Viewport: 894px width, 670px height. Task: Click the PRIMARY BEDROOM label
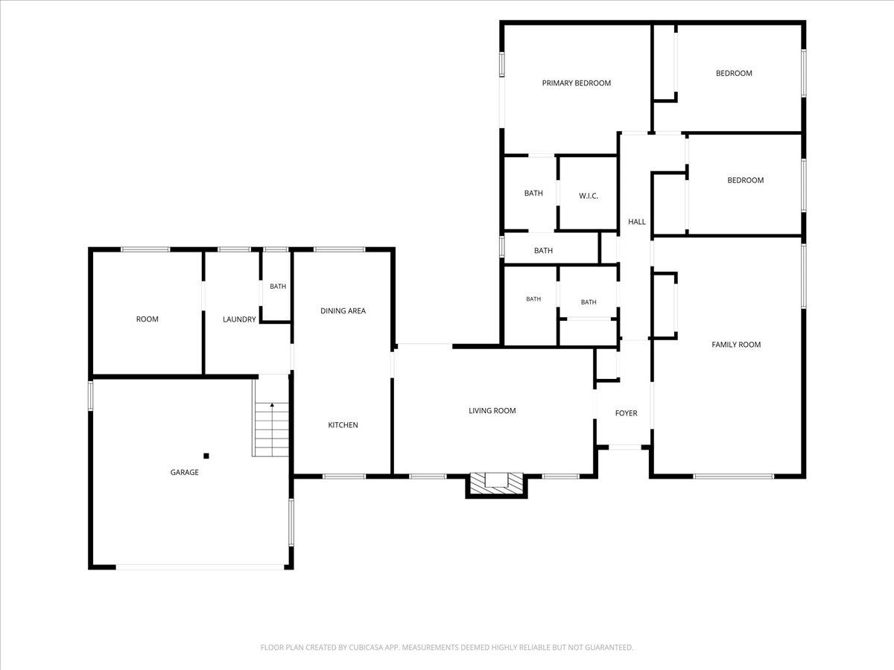(577, 83)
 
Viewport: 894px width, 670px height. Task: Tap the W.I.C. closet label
(589, 196)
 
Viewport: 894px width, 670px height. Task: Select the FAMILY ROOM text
(736, 345)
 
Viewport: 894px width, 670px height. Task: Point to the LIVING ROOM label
(492, 411)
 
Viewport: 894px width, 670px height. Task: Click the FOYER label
(626, 413)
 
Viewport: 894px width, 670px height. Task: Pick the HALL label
(636, 222)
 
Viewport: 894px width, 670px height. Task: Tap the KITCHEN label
(343, 425)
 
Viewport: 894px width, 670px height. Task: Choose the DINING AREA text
(343, 310)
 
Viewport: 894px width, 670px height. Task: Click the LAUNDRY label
(239, 319)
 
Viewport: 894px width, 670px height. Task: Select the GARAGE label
(185, 472)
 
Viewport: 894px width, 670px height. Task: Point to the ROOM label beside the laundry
(147, 319)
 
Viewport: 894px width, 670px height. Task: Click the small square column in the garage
(206, 456)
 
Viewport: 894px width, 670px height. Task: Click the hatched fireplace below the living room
(496, 483)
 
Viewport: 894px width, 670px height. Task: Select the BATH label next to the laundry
(278, 287)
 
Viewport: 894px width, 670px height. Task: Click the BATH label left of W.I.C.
(533, 194)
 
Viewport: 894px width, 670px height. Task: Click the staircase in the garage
(271, 430)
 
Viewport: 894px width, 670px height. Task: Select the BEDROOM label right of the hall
(745, 180)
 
